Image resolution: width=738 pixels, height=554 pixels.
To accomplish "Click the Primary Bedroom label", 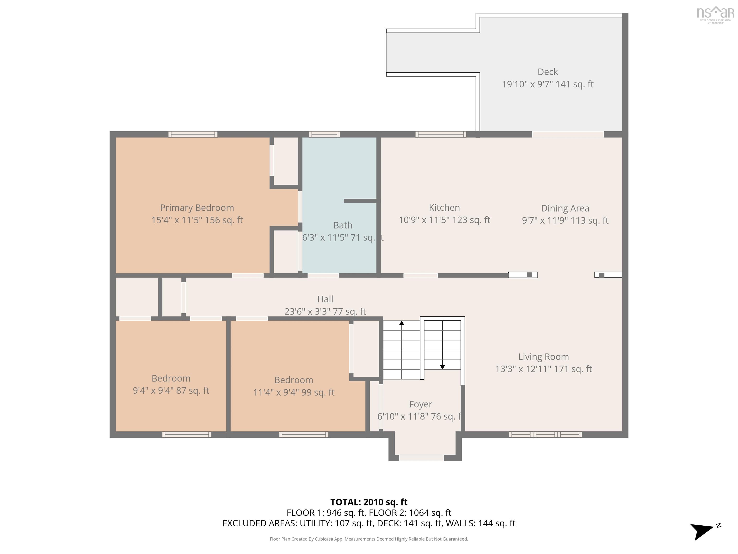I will click(197, 208).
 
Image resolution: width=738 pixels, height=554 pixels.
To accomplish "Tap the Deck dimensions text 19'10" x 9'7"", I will click(547, 84).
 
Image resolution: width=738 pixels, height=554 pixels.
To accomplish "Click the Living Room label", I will click(543, 357).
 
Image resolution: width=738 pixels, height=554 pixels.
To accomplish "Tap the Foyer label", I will click(420, 404).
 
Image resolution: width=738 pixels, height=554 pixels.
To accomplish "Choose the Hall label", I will click(325, 299).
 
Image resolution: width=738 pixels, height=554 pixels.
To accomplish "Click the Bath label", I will click(343, 225).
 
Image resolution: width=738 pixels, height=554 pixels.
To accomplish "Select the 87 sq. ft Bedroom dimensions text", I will click(171, 390).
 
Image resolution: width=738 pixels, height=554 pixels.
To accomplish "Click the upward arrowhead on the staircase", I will click(402, 323).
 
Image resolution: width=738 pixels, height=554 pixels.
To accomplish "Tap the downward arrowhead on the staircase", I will click(443, 367).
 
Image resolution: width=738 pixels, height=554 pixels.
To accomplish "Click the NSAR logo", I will click(715, 14).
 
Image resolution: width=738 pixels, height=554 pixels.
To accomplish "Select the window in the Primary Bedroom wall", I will click(193, 134).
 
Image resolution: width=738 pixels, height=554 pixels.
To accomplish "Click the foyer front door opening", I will click(421, 458).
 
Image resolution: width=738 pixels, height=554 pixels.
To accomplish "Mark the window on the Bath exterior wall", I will click(324, 134).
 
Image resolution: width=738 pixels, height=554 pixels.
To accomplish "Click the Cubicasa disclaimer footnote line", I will click(369, 539).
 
